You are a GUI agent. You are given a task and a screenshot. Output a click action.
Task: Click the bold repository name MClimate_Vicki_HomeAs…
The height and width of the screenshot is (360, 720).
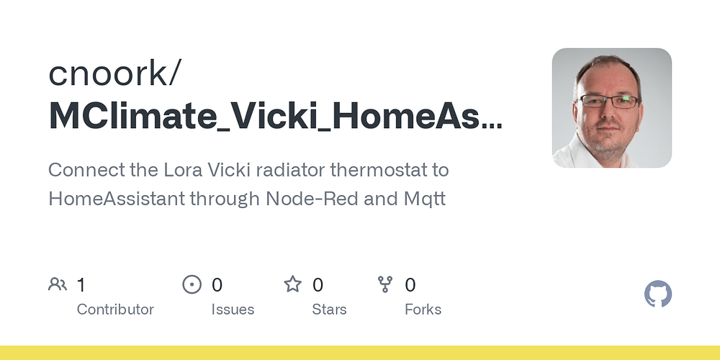pos(276,117)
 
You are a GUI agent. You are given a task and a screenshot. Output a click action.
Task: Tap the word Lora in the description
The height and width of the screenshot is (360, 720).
pos(184,170)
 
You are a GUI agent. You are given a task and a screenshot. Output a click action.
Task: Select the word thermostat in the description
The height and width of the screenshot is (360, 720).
pos(378,170)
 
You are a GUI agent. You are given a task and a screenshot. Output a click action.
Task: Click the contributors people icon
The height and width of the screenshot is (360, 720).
pos(58,284)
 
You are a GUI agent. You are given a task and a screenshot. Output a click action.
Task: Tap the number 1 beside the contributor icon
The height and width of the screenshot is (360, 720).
pos(81,285)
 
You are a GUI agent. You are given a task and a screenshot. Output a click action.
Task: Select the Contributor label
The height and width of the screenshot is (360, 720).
pos(115,310)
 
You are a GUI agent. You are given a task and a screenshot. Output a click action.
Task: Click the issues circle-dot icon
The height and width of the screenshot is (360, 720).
pos(192,284)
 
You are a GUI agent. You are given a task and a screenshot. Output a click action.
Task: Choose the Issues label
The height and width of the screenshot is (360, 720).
pos(233,310)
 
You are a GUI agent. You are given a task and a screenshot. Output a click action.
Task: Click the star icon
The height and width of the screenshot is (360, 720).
pos(293,284)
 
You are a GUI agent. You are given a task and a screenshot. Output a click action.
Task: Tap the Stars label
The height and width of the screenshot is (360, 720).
pos(329,310)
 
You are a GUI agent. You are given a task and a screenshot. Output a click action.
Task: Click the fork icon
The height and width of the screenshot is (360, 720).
pos(384,284)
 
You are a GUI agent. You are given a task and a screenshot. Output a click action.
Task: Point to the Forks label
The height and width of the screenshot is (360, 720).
pos(423,310)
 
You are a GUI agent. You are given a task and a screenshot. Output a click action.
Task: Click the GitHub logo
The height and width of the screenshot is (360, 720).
pos(658,294)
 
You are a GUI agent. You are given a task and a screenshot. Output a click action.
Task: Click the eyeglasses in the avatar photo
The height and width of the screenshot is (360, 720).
pos(608,101)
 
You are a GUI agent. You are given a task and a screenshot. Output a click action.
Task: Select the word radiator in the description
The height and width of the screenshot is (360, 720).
pos(290,170)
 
